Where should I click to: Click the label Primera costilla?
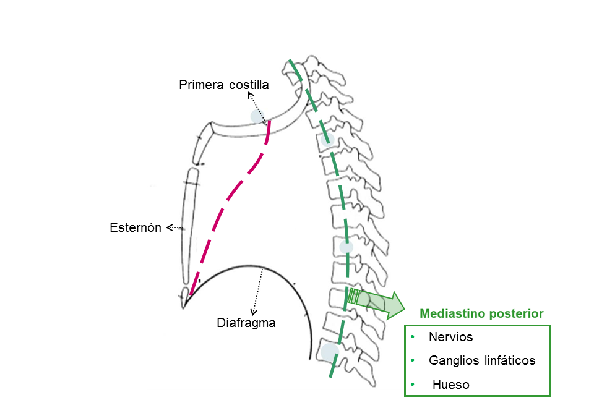pyautogui.click(x=224, y=85)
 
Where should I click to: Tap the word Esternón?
pyautogui.click(x=136, y=227)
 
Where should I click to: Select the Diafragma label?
pyautogui.click(x=246, y=322)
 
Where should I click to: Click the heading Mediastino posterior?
pyautogui.click(x=481, y=313)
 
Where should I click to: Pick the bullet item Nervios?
pyautogui.click(x=450, y=338)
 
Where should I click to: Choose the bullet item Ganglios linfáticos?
pyautogui.click(x=482, y=360)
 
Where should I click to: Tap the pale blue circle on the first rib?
pyautogui.click(x=257, y=116)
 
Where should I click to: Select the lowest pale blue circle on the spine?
pyautogui.click(x=329, y=352)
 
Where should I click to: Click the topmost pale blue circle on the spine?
pyautogui.click(x=328, y=140)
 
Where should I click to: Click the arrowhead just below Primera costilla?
pyautogui.click(x=251, y=95)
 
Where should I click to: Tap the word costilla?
pyautogui.click(x=249, y=85)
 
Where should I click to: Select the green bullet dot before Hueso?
pyautogui.click(x=413, y=385)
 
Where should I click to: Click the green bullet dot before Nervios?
pyautogui.click(x=413, y=338)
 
